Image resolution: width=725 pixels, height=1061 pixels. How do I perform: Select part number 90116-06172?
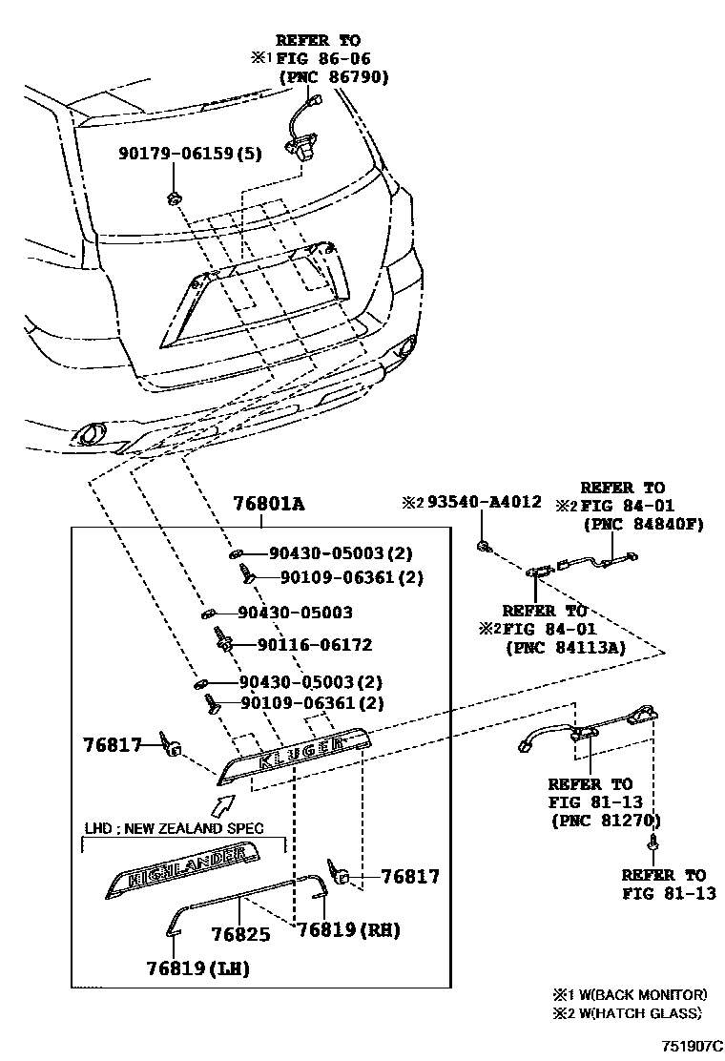[314, 645]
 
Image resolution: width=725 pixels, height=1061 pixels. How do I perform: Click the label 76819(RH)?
[347, 930]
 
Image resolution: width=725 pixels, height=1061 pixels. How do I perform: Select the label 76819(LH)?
[197, 967]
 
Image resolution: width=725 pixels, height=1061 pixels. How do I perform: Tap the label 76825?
[240, 934]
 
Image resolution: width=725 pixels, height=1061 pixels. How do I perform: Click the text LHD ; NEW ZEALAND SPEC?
[175, 828]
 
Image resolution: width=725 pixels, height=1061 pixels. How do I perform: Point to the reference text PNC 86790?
[333, 77]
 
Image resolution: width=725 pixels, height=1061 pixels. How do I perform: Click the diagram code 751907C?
[694, 1046]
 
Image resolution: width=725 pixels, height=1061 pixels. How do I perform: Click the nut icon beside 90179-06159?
[174, 197]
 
